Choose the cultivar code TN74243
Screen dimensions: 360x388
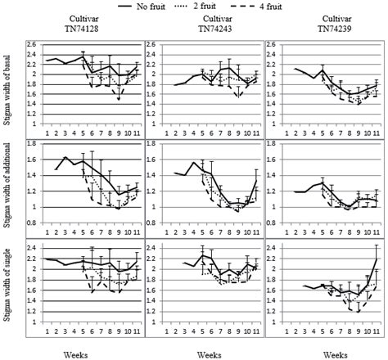click(x=202, y=27)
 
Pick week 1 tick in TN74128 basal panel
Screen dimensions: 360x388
click(x=47, y=132)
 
